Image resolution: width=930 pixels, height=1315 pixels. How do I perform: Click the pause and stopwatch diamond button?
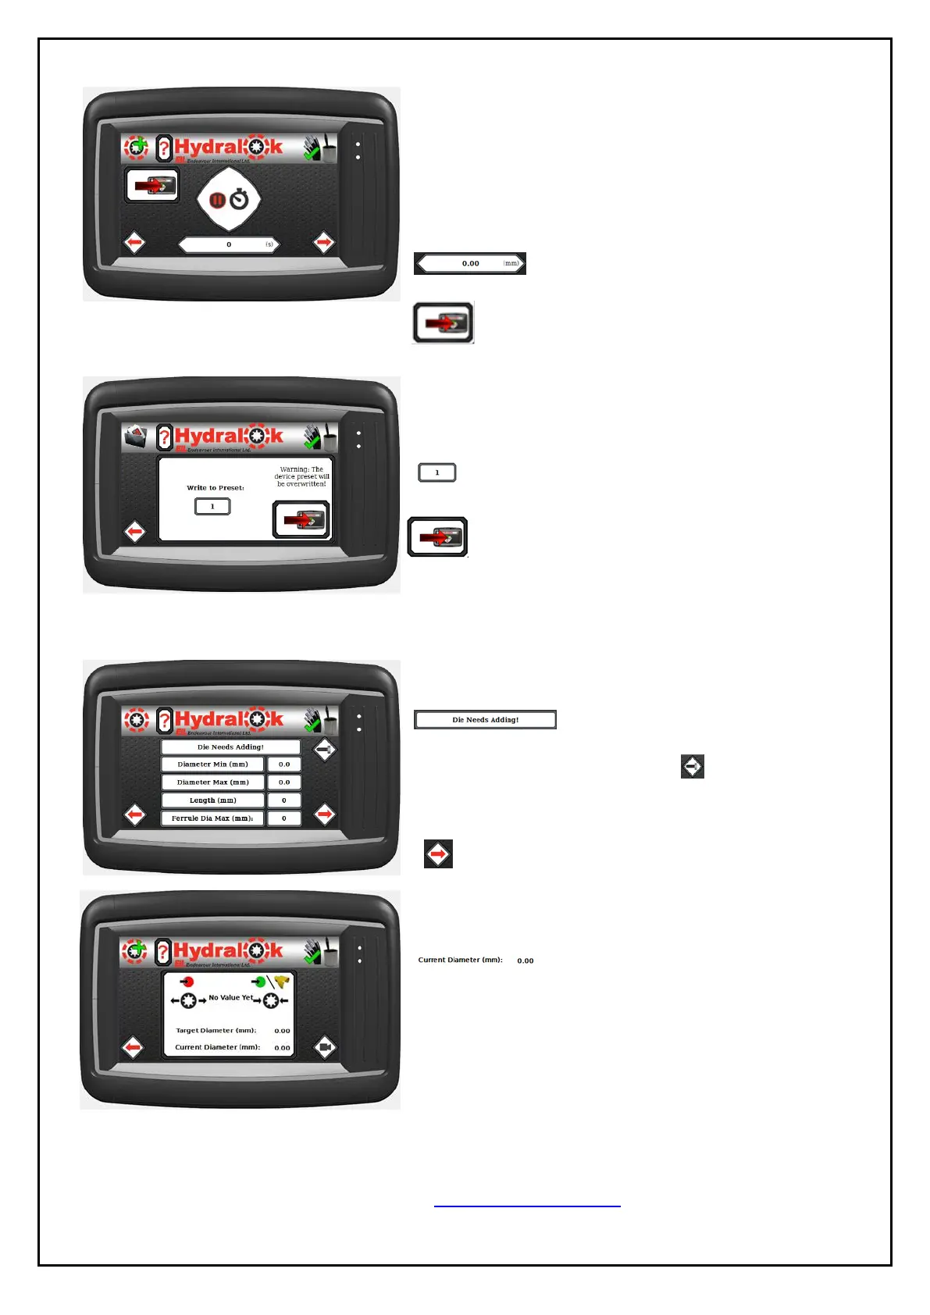(228, 200)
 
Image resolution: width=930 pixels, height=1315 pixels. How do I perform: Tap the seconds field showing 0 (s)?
(228, 244)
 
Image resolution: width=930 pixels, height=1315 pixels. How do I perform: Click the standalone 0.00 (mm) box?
(470, 263)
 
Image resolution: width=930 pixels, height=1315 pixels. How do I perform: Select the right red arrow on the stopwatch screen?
(323, 243)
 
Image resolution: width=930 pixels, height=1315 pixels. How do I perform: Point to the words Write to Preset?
(215, 487)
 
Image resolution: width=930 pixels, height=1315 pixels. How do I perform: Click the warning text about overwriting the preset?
(301, 476)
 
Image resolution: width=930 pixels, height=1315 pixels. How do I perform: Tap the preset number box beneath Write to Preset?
(212, 506)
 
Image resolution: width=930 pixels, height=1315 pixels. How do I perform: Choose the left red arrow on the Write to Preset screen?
(134, 533)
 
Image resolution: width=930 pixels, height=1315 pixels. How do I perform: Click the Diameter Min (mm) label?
(212, 764)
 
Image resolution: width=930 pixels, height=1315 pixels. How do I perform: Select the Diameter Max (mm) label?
(212, 782)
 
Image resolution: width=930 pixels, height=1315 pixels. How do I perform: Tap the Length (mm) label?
(212, 800)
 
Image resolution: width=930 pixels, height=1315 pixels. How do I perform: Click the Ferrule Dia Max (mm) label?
(212, 818)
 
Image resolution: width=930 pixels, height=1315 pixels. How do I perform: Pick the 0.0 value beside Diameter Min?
(284, 764)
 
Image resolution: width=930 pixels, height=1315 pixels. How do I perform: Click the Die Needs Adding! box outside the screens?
(485, 719)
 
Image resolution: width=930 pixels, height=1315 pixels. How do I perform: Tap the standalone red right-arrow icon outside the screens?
(438, 854)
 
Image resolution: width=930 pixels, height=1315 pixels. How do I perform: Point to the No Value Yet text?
(230, 997)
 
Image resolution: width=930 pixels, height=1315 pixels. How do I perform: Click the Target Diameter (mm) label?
(216, 1031)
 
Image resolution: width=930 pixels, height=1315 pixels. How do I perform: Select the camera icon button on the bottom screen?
(325, 1047)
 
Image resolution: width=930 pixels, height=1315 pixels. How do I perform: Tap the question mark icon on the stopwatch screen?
(164, 148)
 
